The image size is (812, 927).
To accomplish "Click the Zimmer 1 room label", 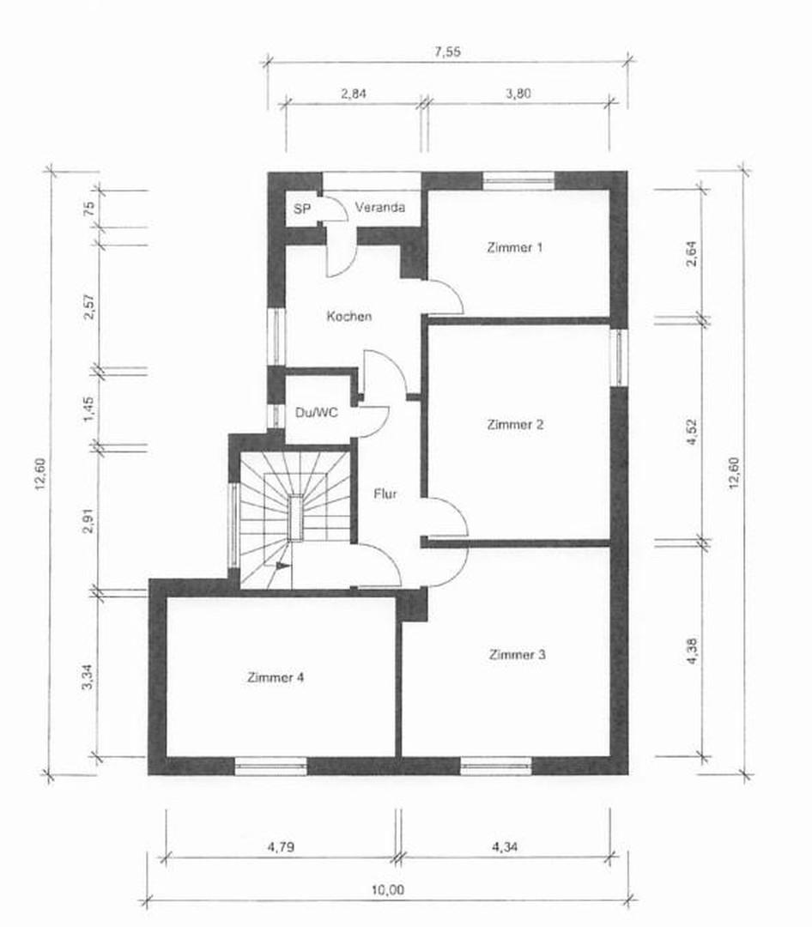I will coord(515,248).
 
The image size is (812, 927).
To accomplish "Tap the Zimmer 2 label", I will coord(515,424).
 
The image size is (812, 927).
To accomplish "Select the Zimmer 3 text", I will coord(517,655).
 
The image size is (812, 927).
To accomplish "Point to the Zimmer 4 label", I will coord(275,677).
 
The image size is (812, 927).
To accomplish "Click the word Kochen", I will coord(349,317).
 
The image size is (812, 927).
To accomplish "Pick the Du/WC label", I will coord(317,412).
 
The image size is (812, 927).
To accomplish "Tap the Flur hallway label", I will coord(385,494).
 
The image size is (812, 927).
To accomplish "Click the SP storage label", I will coord(301,208).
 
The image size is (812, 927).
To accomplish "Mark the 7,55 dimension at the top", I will coord(447,51).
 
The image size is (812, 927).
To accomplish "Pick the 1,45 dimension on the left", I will coord(87,408).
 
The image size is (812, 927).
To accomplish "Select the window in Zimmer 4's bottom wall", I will coord(271,765).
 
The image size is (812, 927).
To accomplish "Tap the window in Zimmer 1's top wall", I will coord(518,180).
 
